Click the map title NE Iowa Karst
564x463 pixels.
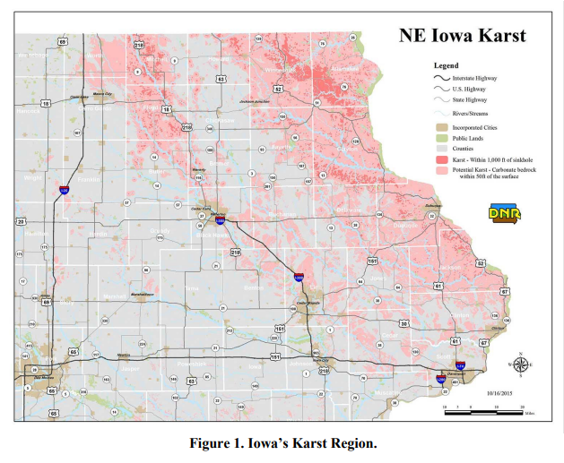coord(462,37)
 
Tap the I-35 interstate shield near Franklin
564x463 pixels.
coord(64,190)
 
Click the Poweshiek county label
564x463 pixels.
coord(190,364)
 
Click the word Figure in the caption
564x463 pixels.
coord(214,443)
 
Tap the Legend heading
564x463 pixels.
coord(446,65)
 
